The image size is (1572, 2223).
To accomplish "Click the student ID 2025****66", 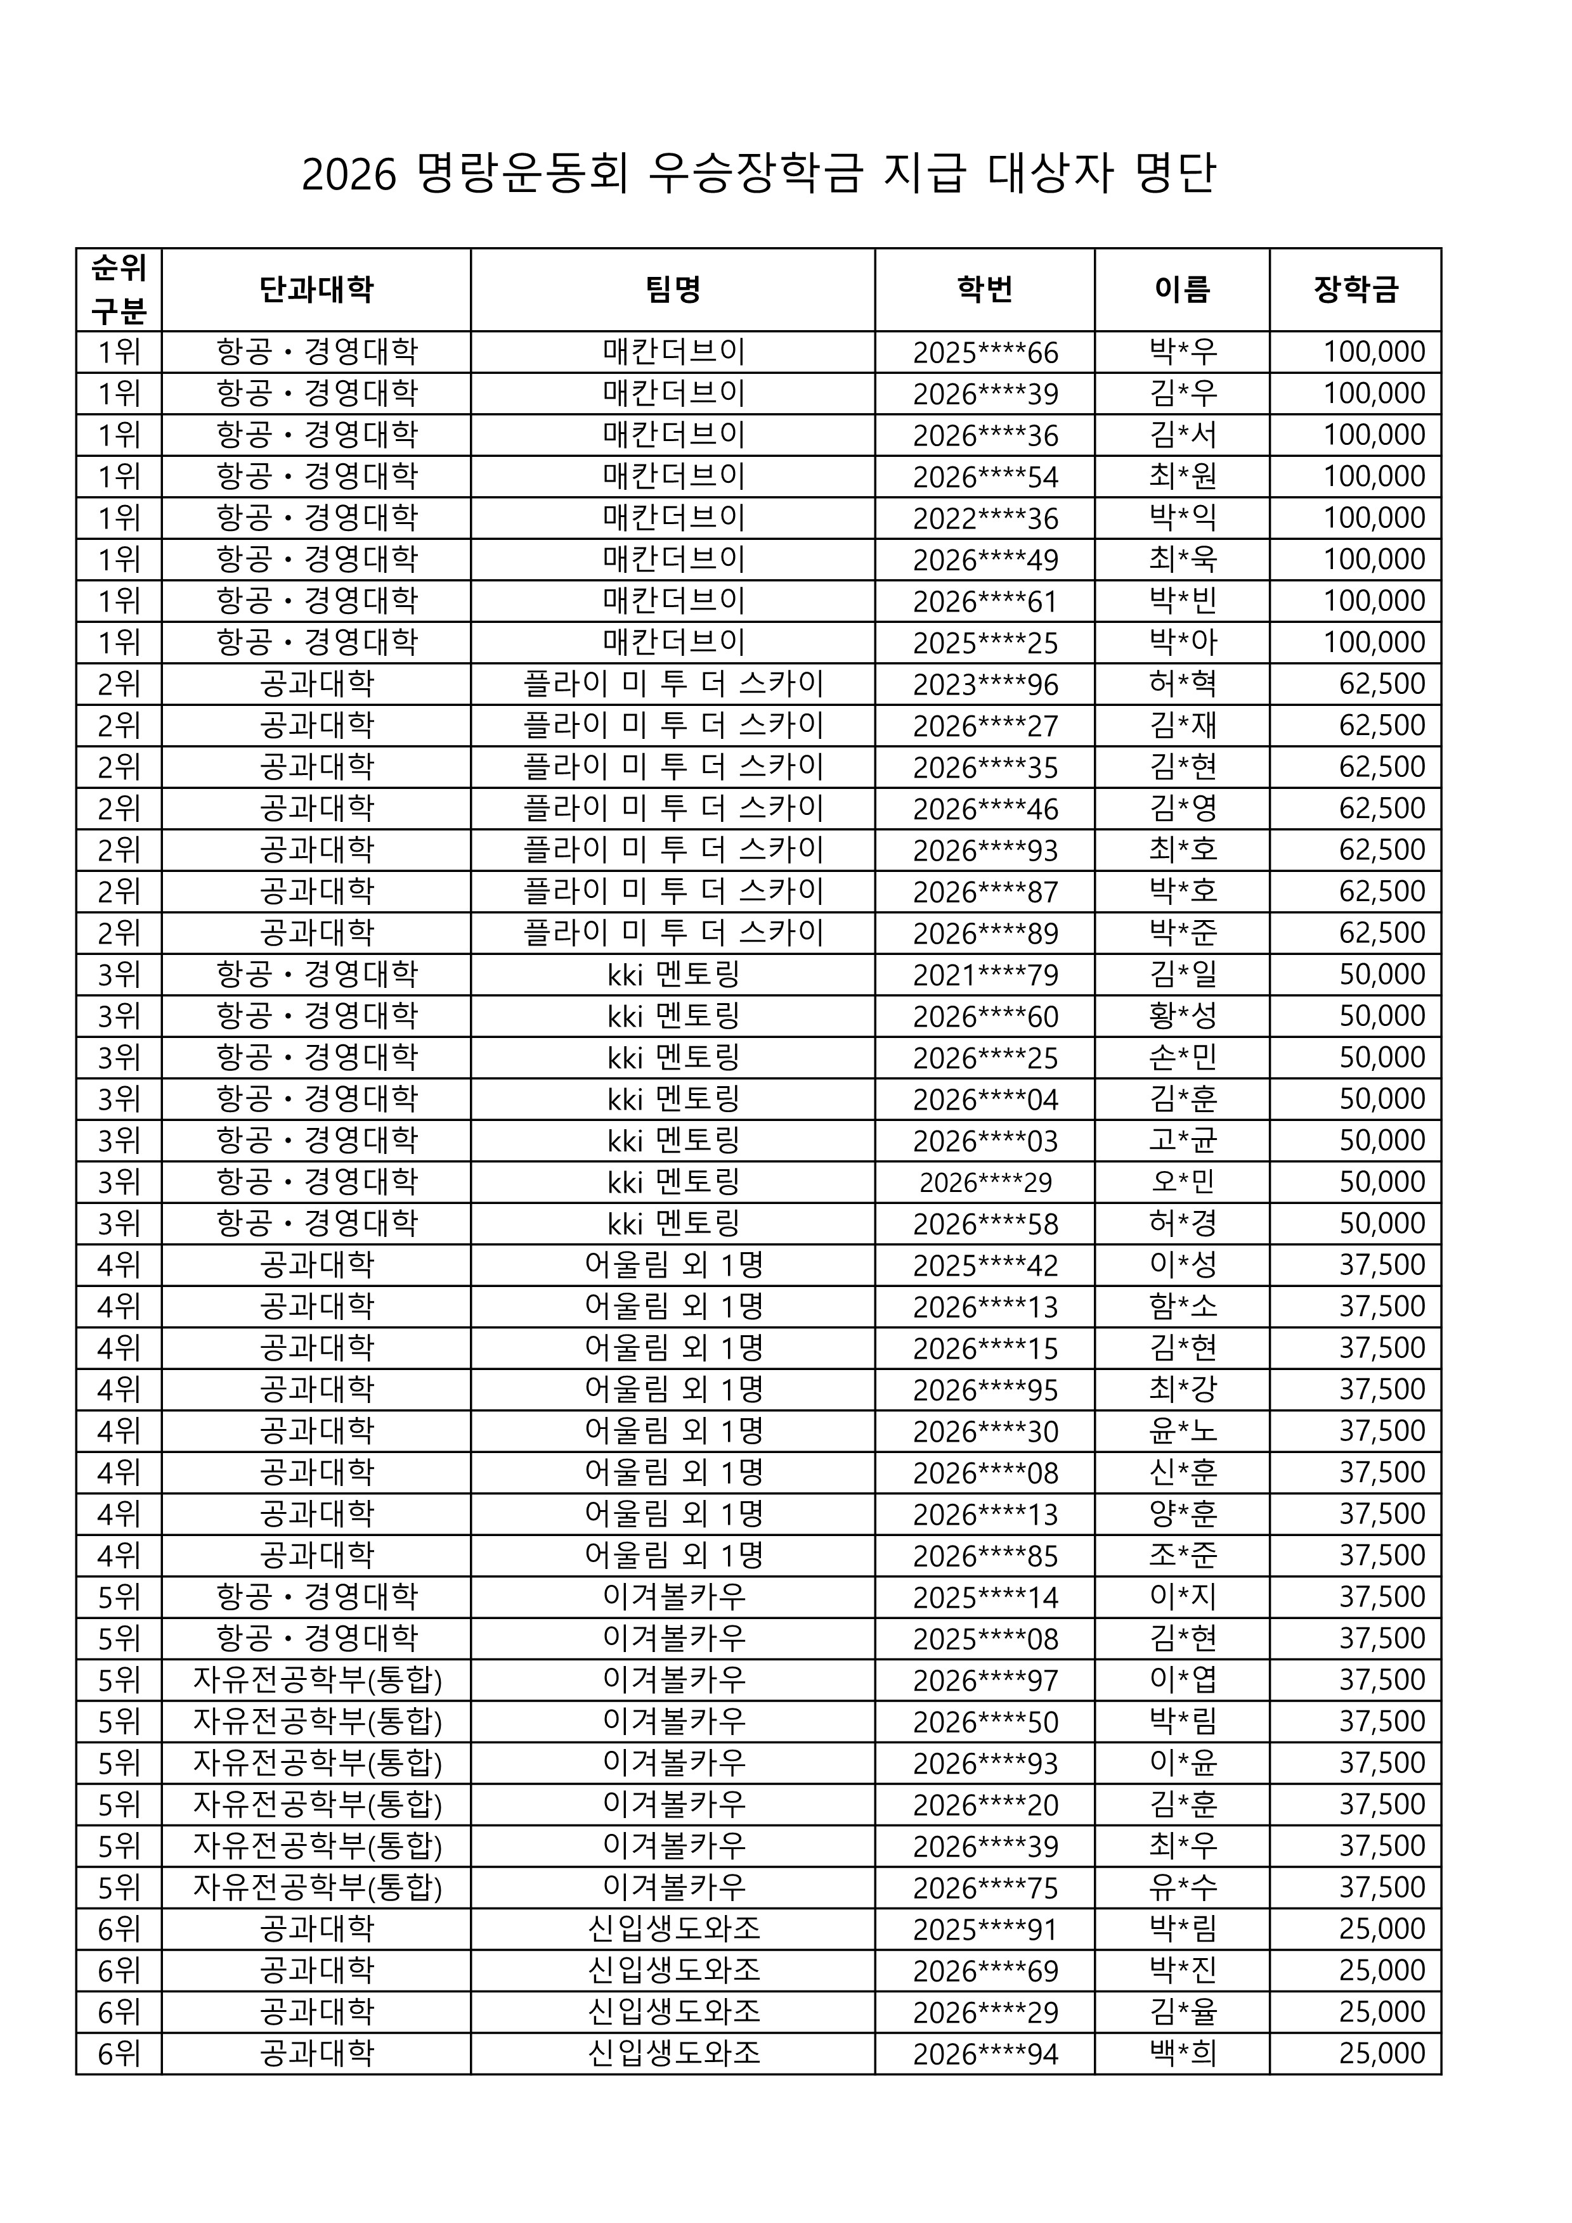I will pos(985,352).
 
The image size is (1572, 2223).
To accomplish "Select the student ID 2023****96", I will pos(985,684).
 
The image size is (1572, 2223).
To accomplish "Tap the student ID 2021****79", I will pos(985,975).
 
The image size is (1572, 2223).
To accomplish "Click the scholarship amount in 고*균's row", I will pos(1382,1141).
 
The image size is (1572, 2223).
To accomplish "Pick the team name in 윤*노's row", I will pos(673,1431).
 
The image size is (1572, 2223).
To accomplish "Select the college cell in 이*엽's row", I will pos(316,1680).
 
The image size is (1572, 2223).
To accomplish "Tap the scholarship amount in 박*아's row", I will pos(1374,643).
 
